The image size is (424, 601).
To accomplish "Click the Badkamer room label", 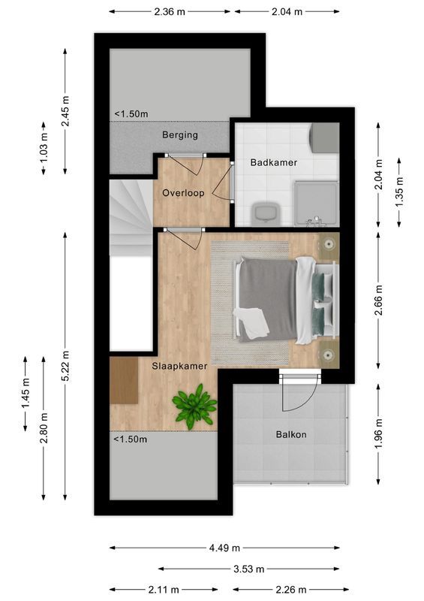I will (x=274, y=162).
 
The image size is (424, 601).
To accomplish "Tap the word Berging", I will (x=180, y=135).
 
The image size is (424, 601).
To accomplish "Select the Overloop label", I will (x=183, y=193).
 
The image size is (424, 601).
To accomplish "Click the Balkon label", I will (x=291, y=434).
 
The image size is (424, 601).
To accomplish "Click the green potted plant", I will (x=194, y=406).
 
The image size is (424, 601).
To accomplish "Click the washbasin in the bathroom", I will (x=265, y=213).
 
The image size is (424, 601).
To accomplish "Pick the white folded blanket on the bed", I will (x=251, y=322).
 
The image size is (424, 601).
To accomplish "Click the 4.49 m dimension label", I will (x=225, y=548).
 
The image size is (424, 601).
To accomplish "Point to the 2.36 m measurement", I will (x=170, y=11).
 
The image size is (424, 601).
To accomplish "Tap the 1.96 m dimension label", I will (x=379, y=435).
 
